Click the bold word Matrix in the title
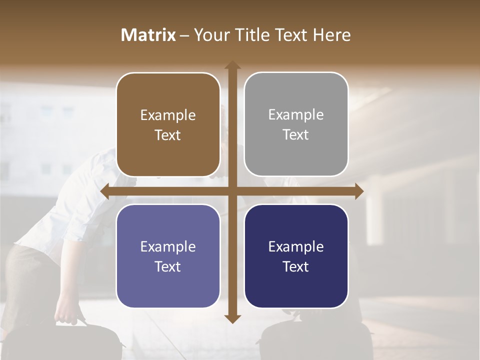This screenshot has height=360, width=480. [x=148, y=35]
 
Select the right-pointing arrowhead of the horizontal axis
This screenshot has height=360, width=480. [x=358, y=191]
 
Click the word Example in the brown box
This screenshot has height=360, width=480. [x=168, y=115]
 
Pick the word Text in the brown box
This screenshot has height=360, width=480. [x=168, y=135]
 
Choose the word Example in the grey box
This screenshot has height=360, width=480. [x=296, y=115]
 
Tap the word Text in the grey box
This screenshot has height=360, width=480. [x=296, y=135]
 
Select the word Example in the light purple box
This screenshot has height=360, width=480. [x=168, y=247]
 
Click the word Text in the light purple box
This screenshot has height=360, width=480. [x=168, y=267]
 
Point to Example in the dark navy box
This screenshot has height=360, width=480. [x=296, y=247]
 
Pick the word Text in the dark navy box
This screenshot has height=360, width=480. [x=296, y=267]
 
